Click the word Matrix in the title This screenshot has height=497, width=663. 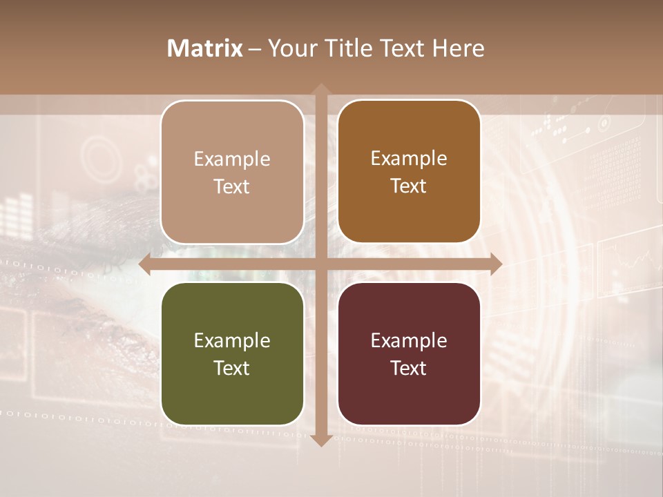tap(205, 48)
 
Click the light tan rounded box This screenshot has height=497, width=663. tap(232, 172)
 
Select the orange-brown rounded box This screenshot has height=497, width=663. tap(409, 172)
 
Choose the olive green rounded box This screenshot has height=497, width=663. tap(232, 353)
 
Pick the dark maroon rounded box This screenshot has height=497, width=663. tap(409, 353)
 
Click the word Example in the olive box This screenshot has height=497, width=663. tap(232, 340)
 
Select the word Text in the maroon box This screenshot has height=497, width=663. tap(409, 368)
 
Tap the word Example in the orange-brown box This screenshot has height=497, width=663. tap(409, 159)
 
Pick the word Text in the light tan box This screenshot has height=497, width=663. tap(232, 186)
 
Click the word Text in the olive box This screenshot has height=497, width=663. tap(232, 368)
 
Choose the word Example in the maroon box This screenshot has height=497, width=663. tap(409, 340)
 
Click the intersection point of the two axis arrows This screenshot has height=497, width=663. tap(320, 264)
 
